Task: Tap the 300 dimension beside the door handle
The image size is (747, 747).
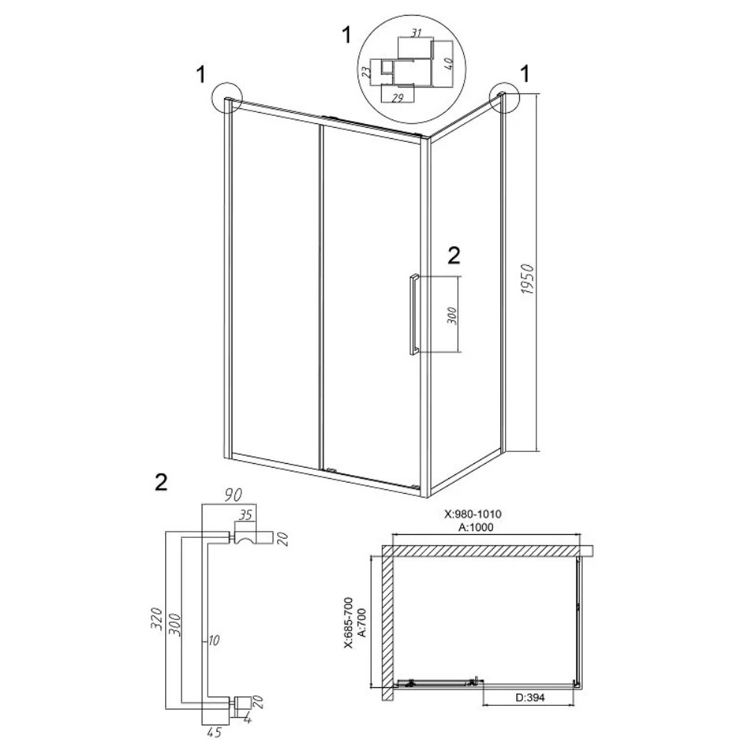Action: [453, 316]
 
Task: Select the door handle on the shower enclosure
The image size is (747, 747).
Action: [413, 314]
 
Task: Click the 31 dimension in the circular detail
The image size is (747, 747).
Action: [416, 34]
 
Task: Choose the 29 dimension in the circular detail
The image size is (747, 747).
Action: [398, 98]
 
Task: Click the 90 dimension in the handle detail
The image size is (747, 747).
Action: [233, 495]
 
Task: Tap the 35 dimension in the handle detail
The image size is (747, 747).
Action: [244, 515]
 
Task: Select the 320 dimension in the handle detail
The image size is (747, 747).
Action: [157, 618]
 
